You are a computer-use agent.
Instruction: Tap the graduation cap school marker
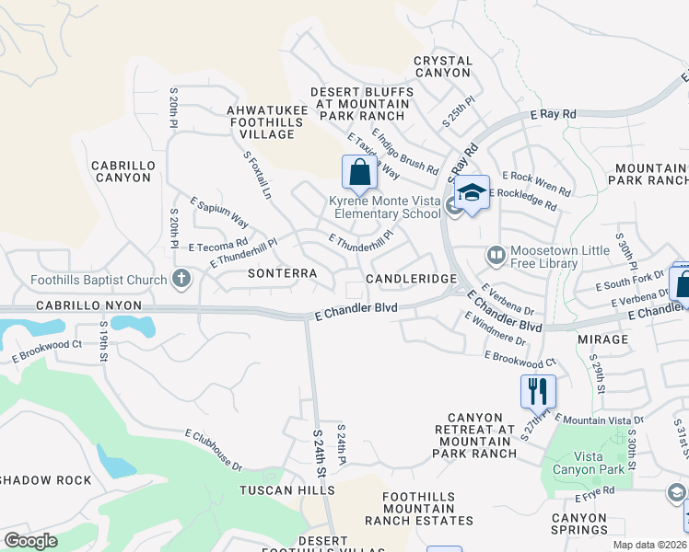(472, 193)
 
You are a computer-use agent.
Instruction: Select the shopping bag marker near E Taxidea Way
(359, 172)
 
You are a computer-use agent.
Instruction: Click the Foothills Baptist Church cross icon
(182, 279)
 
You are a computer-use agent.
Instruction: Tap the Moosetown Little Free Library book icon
(496, 253)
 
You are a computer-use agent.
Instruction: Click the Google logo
(30, 541)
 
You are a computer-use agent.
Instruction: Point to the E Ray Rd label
(554, 114)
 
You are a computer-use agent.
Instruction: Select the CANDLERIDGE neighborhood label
(411, 278)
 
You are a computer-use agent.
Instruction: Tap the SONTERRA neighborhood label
(283, 274)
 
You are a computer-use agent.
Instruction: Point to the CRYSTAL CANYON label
(443, 67)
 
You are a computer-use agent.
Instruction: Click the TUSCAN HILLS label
(287, 490)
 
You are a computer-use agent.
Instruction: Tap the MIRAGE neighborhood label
(603, 339)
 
